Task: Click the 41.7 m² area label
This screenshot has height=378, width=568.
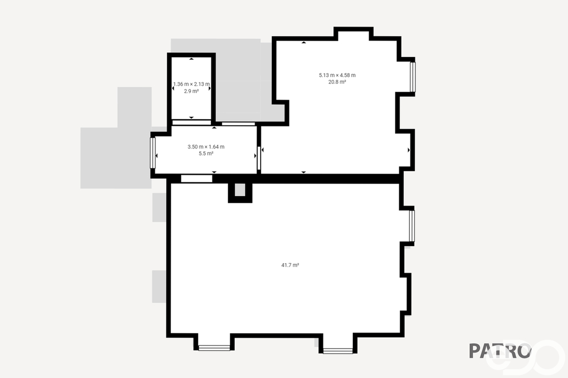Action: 290,265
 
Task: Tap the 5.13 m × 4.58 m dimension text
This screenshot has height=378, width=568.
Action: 337,75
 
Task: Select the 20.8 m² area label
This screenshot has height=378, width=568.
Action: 337,82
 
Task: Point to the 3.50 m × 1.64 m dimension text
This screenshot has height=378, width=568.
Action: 206,147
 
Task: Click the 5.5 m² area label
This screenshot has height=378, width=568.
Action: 206,154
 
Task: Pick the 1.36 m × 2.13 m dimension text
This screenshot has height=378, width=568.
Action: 191,84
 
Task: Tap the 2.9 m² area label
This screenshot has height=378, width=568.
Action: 191,91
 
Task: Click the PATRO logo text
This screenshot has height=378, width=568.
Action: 500,350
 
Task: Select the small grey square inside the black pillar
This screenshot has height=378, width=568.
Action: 240,190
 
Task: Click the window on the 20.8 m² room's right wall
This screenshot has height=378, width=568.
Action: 413,76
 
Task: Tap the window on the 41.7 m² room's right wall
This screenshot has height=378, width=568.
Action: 412,226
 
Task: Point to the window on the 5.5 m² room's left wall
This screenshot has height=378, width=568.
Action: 153,153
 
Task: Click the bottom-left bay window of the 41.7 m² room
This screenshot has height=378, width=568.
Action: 214,348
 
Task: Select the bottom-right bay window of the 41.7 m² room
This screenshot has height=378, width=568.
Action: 338,351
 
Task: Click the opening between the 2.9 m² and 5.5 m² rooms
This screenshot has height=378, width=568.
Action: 191,122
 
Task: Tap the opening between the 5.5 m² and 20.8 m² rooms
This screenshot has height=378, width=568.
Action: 258,158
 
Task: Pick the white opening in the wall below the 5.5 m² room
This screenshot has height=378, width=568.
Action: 197,178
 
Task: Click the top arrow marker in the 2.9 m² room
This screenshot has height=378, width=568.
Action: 191,59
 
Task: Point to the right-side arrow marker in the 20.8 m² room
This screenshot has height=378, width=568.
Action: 409,150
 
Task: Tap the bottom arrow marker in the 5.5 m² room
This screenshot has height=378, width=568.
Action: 214,172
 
